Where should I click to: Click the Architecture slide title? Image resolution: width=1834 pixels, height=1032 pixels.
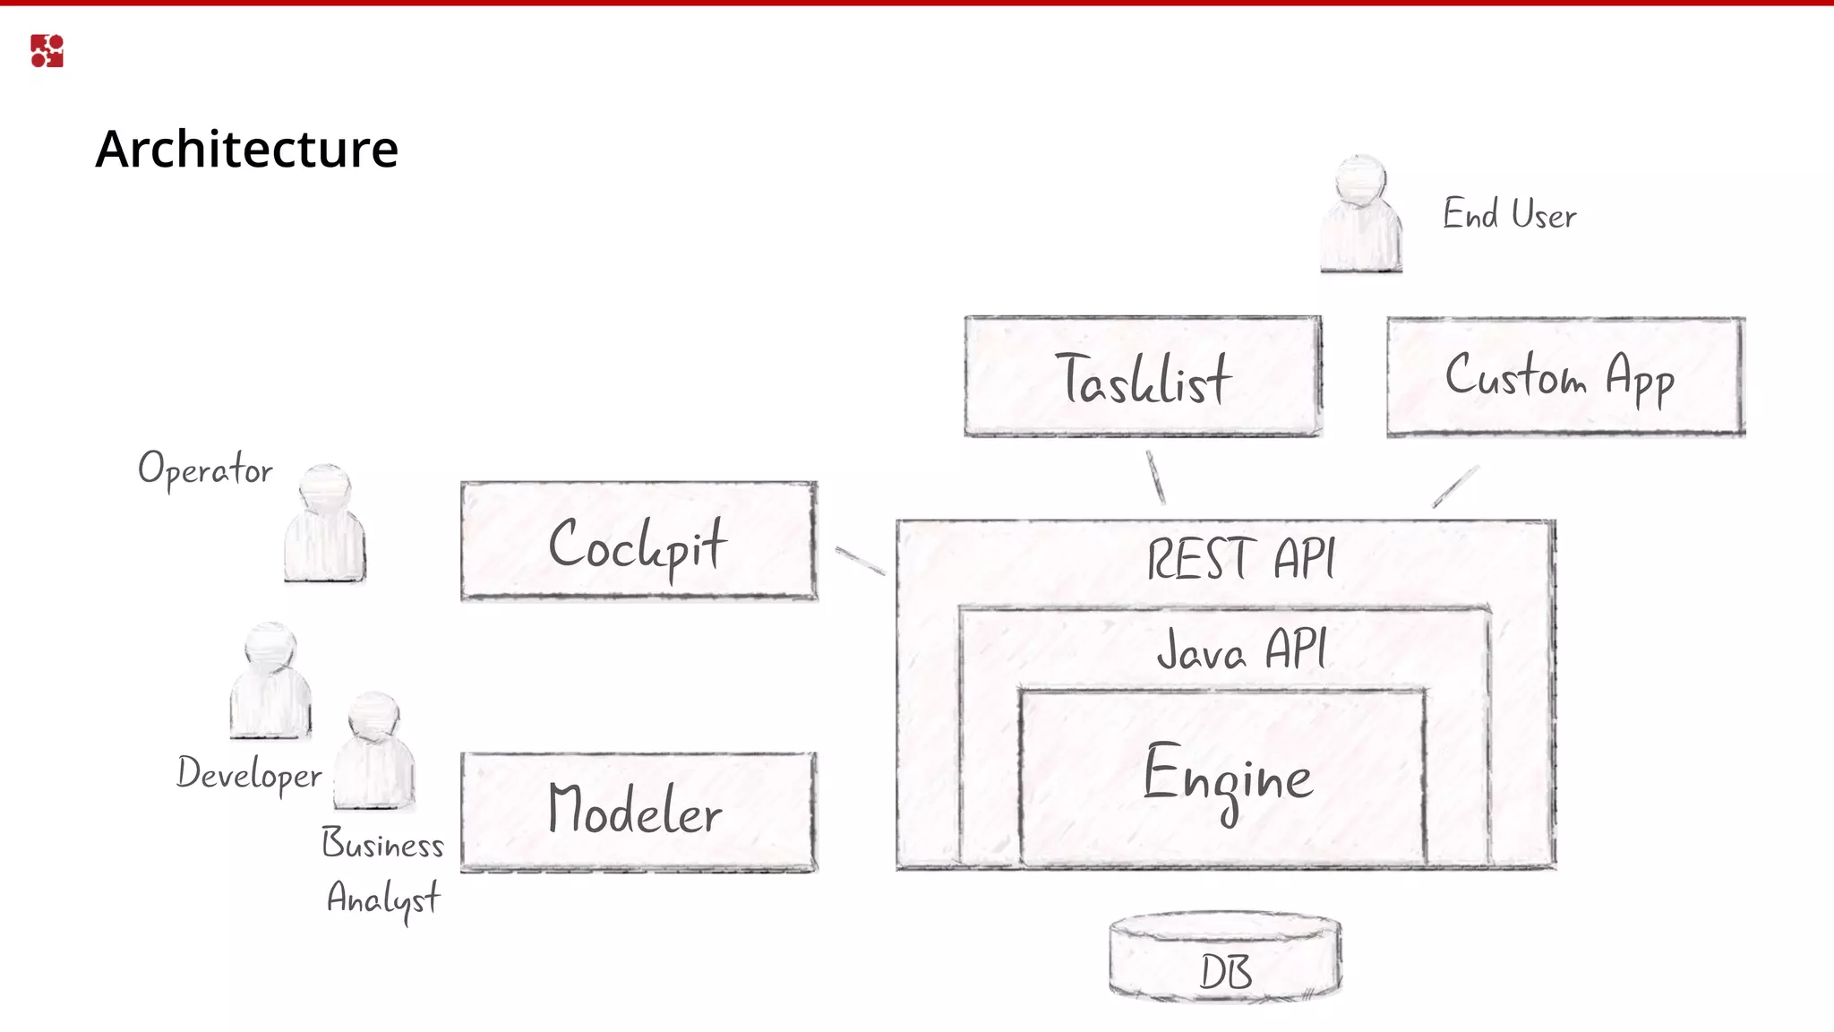tap(246, 149)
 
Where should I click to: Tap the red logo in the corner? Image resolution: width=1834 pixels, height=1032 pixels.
tap(47, 51)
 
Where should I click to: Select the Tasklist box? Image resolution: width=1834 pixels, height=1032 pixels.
tap(1143, 377)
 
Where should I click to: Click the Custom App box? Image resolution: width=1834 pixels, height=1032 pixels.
tap(1564, 377)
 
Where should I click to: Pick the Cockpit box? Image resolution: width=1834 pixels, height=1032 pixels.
tap(638, 541)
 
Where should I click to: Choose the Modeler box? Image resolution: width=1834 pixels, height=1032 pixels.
tap(638, 812)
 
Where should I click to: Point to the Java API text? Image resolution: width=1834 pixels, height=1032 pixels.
tap(1240, 649)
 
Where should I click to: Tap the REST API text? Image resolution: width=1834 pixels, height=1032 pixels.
tap(1240, 559)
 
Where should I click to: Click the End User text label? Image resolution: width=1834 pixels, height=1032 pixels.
tap(1509, 215)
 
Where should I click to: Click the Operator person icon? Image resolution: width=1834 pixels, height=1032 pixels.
tap(324, 527)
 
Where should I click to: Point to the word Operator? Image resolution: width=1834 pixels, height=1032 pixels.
tap(205, 469)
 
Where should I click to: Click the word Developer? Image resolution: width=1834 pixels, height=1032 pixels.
tap(249, 774)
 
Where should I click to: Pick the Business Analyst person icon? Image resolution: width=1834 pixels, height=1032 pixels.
tap(373, 752)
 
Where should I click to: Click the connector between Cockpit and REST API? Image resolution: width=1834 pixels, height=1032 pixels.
tap(860, 561)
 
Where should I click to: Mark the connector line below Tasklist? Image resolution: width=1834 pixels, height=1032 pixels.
tap(1156, 477)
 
